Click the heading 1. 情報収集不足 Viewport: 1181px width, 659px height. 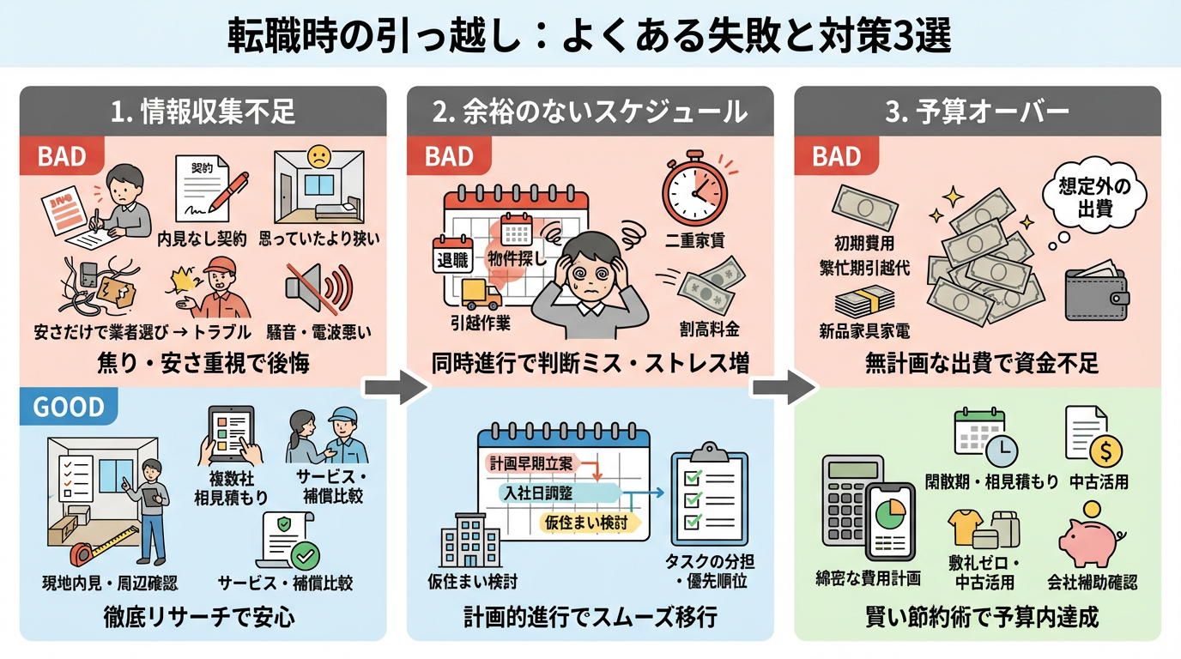[203, 112]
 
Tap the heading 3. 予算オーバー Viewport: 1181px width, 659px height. [977, 112]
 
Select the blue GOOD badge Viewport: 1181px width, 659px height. [69, 407]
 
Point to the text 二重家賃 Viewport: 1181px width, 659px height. [693, 240]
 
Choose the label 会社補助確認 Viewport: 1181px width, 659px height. [1092, 583]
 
